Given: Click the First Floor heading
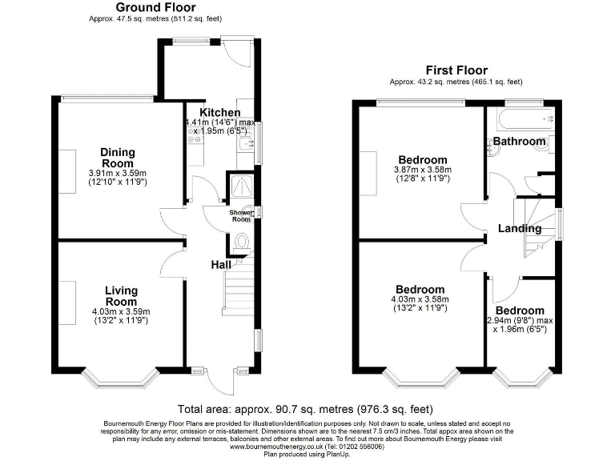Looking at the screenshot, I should (x=456, y=70).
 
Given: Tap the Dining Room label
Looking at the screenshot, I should (x=118, y=158).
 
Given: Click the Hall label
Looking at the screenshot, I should (x=221, y=265).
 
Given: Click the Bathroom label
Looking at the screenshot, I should (x=519, y=142).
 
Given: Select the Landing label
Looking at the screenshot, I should (x=520, y=229).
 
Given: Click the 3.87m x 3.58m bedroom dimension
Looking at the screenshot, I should (x=422, y=170).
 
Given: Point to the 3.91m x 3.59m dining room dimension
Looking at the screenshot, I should (x=118, y=173).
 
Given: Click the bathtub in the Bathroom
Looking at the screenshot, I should (x=524, y=120).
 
